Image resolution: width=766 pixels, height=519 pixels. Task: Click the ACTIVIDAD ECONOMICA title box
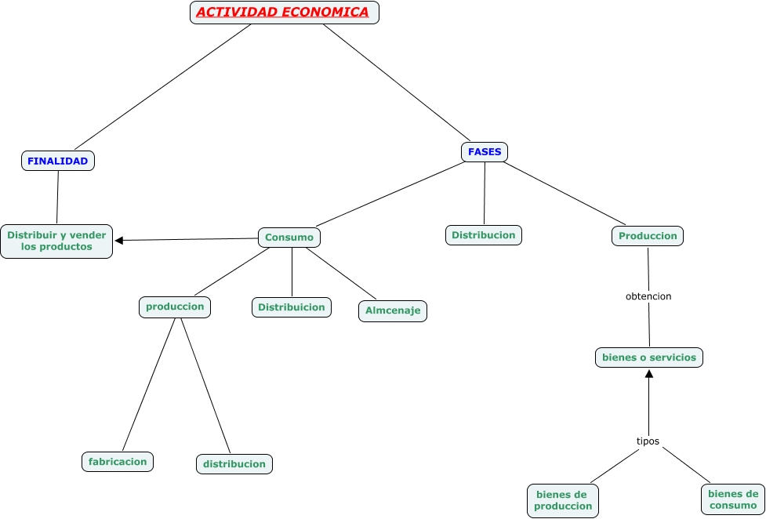click(284, 13)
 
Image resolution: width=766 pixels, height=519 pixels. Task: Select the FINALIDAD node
click(57, 161)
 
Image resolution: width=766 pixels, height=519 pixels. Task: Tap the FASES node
click(485, 152)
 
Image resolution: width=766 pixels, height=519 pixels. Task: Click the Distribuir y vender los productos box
click(56, 241)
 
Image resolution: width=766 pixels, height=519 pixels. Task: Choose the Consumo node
click(289, 238)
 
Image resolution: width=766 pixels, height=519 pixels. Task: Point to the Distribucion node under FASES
click(484, 235)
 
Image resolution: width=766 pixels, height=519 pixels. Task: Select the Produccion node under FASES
click(648, 236)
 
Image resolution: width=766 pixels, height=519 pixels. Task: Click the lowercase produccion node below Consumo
click(175, 307)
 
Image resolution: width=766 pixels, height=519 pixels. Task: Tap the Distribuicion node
click(292, 307)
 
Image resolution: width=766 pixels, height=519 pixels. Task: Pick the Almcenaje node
click(393, 310)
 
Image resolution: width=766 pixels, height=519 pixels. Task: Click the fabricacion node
click(118, 462)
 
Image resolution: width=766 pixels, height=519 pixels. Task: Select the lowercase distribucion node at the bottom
click(234, 464)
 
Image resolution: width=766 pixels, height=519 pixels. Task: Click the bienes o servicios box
click(649, 357)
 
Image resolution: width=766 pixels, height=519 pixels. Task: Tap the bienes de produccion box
click(563, 500)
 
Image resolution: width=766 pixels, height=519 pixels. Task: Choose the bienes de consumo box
click(733, 499)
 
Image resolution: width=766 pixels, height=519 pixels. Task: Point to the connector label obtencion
click(648, 296)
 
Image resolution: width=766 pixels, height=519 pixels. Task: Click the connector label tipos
click(648, 441)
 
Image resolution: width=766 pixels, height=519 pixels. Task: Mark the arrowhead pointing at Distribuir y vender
click(119, 241)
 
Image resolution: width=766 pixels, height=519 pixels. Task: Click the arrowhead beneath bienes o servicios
click(649, 374)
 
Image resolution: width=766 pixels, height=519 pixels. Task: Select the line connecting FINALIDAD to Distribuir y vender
click(57, 197)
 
